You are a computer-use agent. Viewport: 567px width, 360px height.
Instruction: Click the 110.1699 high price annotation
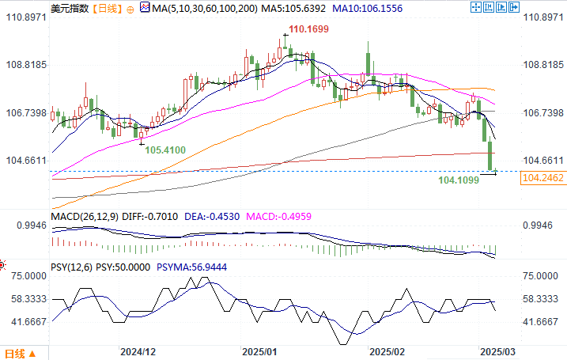coord(309,29)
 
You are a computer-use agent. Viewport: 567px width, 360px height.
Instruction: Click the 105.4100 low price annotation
coord(165,150)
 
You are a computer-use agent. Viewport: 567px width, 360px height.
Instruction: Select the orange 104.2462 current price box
coord(542,179)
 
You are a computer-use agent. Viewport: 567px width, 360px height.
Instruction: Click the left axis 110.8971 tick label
coord(26,17)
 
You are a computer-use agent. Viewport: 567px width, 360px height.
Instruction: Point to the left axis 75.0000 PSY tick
coord(26,276)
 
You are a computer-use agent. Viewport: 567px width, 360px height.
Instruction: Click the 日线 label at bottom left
coord(15,352)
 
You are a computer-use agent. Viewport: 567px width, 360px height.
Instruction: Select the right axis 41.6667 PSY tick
coord(540,322)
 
